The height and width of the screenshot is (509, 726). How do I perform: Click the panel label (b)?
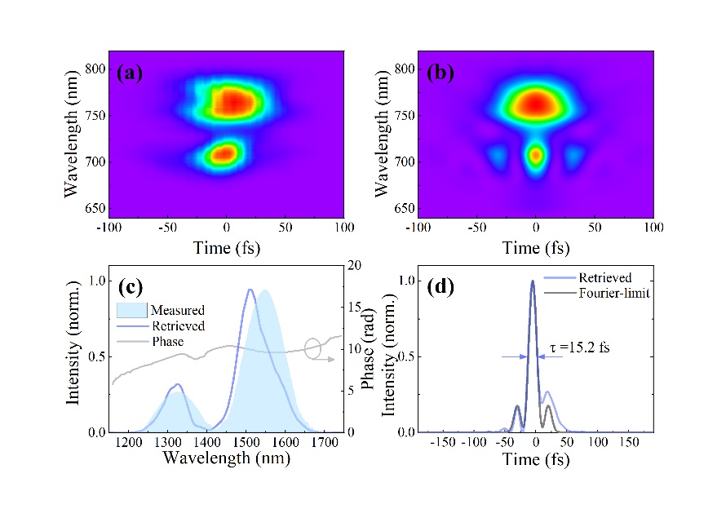tap(441, 73)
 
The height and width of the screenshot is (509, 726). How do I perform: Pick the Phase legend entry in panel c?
tap(168, 341)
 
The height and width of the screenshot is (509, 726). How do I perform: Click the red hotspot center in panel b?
tap(535, 103)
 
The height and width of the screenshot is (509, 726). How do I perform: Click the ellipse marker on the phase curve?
tap(313, 348)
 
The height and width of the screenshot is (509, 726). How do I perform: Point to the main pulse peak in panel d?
tap(533, 281)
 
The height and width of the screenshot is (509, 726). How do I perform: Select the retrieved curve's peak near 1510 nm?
tap(250, 290)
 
